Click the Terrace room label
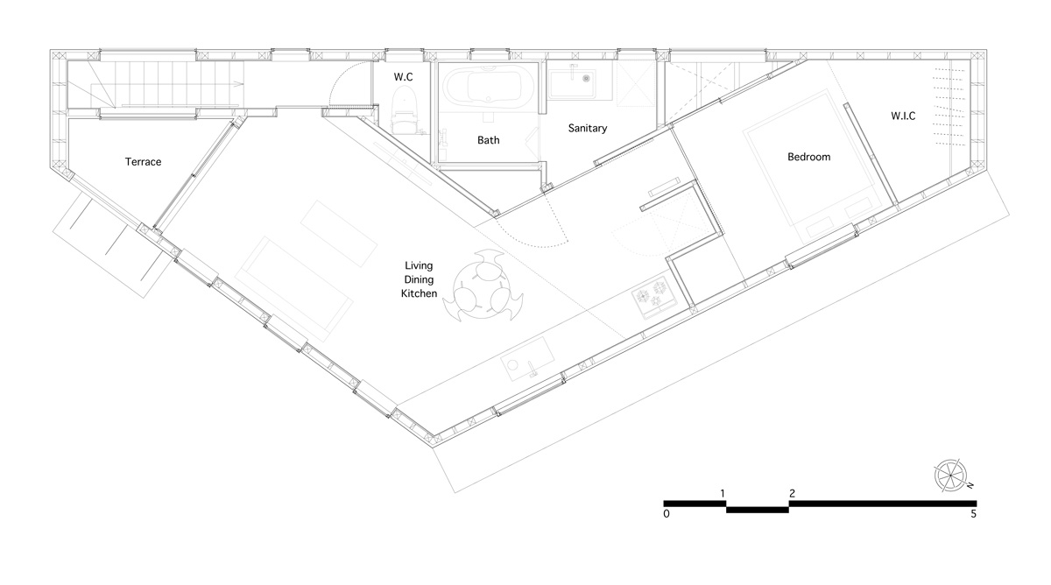tap(143, 162)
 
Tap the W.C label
tap(403, 77)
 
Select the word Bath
tap(489, 140)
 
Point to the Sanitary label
tap(588, 128)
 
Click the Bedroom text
tap(809, 157)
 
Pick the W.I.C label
tap(903, 116)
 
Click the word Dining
tap(419, 280)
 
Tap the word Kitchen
tap(419, 293)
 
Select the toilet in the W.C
tap(403, 111)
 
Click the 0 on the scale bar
tap(667, 514)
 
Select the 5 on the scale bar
tap(974, 514)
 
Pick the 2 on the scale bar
tap(793, 494)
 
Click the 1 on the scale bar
tap(723, 494)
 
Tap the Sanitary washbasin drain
tap(587, 79)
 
